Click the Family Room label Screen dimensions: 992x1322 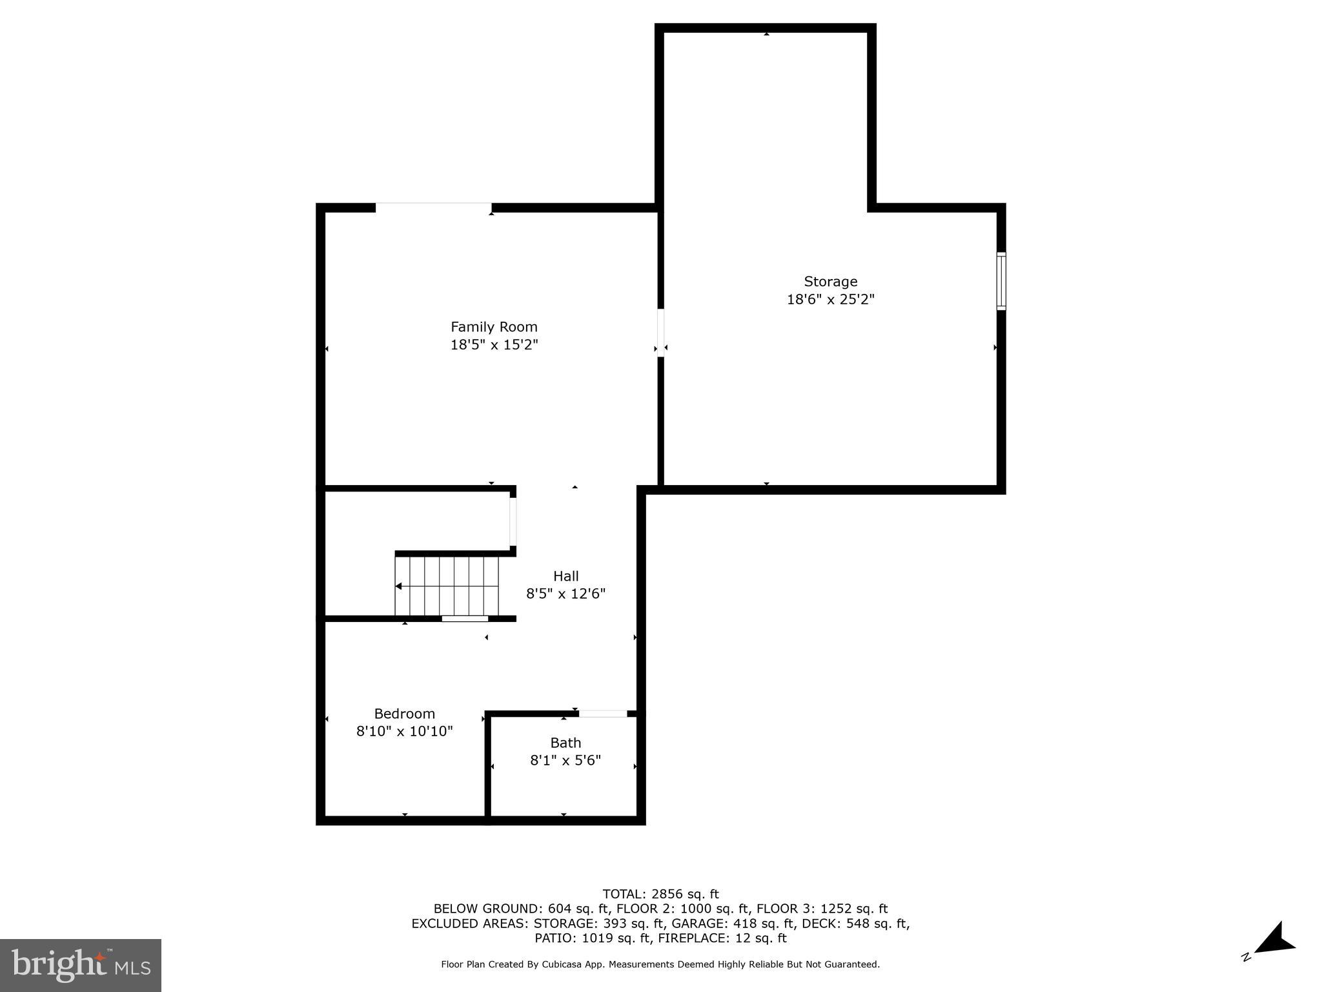tap(494, 327)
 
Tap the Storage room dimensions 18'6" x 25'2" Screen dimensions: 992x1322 tap(830, 300)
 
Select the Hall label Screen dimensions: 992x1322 tap(565, 576)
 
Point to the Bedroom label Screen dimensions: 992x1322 tap(405, 714)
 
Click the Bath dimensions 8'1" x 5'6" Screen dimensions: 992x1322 tap(565, 761)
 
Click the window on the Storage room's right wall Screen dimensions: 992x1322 tap(1001, 281)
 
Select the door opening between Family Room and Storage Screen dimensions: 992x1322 tap(660, 332)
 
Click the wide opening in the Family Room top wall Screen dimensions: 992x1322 tap(433, 207)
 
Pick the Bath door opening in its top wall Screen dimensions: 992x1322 tap(602, 714)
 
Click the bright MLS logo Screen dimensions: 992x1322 tap(81, 966)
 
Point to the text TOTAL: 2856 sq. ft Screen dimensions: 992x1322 tap(660, 894)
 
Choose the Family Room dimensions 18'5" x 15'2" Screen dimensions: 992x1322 tap(494, 345)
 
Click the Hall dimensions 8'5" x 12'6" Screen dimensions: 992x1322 tap(565, 594)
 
